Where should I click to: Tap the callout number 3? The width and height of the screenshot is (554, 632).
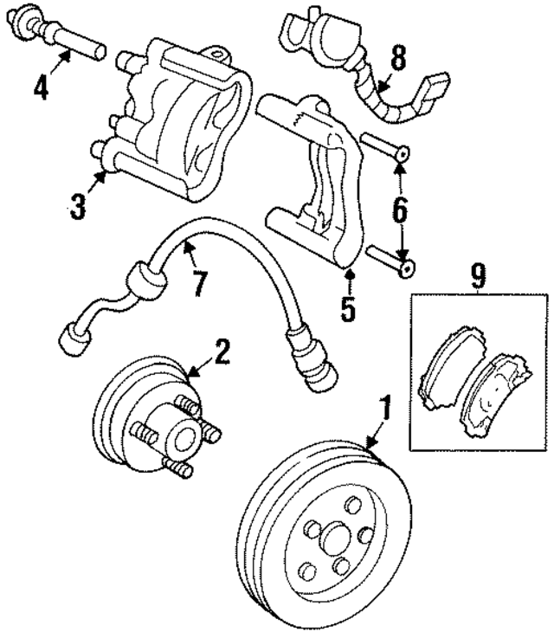click(x=78, y=207)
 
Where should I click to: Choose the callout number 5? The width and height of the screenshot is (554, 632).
click(x=348, y=309)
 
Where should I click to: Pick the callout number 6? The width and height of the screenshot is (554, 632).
click(x=400, y=208)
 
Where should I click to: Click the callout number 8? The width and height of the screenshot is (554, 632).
click(x=397, y=59)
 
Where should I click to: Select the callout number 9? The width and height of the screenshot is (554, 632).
click(x=477, y=276)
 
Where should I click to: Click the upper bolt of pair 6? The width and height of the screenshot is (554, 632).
click(x=386, y=147)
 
